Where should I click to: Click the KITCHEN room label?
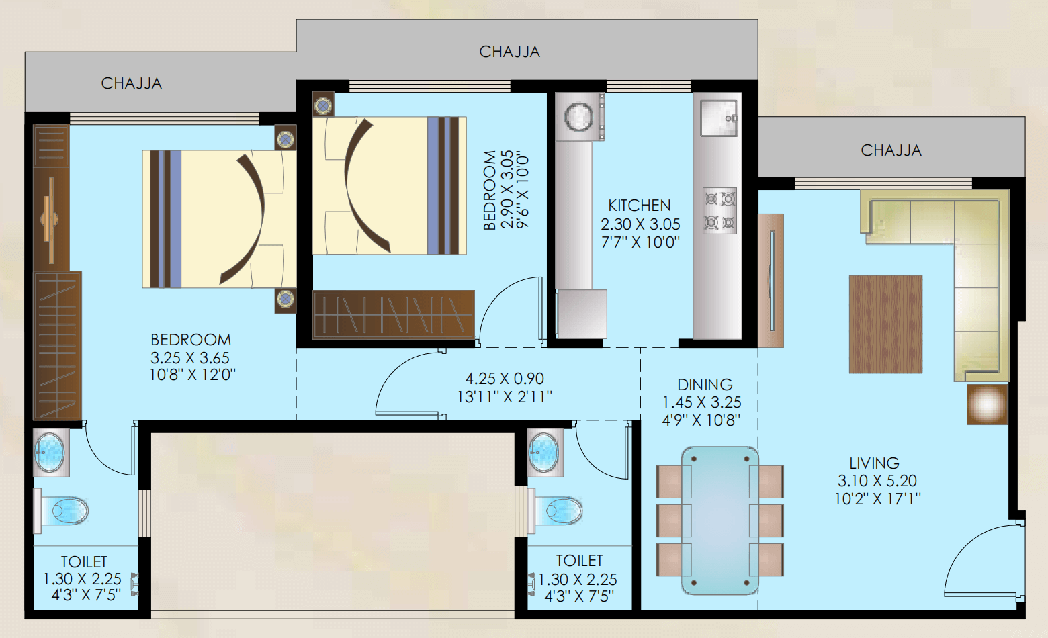pyautogui.click(x=639, y=206)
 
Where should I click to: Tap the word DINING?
pyautogui.click(x=705, y=385)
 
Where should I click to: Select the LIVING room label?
pyautogui.click(x=874, y=463)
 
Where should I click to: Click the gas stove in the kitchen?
pyautogui.click(x=719, y=211)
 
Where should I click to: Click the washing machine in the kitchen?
pyautogui.click(x=579, y=116)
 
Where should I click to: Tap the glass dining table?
pyautogui.click(x=719, y=520)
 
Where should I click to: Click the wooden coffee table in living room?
pyautogui.click(x=885, y=324)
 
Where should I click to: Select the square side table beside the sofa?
pyautogui.click(x=987, y=404)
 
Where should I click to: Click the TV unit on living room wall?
pyautogui.click(x=771, y=281)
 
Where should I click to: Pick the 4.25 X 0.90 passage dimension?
pyautogui.click(x=505, y=378)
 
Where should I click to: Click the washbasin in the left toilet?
pyautogui.click(x=50, y=452)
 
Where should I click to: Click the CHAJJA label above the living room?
pyautogui.click(x=891, y=150)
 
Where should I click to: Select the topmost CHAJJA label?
pyautogui.click(x=509, y=52)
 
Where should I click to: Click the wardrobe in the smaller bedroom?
pyautogui.click(x=394, y=314)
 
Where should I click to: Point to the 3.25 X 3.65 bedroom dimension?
pyautogui.click(x=190, y=358)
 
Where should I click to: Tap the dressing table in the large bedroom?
pyautogui.click(x=51, y=220)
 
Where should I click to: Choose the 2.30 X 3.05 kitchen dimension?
pyautogui.click(x=640, y=224)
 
